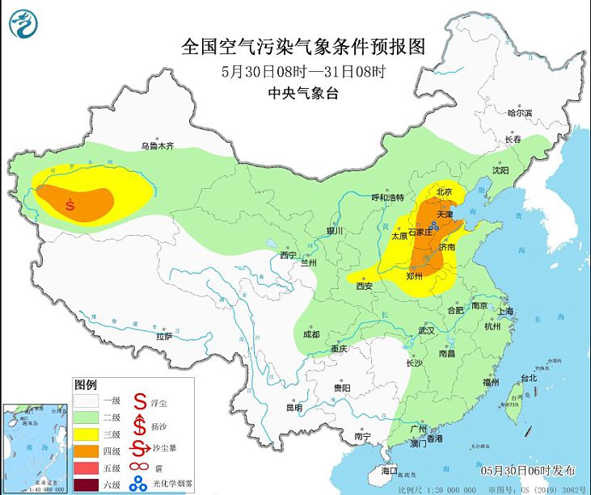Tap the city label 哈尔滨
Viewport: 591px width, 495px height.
coord(519,114)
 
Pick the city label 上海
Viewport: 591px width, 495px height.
coord(507,311)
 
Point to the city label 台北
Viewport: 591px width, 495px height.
coord(529,378)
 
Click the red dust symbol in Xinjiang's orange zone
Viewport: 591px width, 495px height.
coord(71,205)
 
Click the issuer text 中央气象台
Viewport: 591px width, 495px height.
coord(302,94)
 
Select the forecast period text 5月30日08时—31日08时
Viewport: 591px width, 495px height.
coord(302,70)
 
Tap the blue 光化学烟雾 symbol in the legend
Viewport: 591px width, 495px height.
coord(139,485)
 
